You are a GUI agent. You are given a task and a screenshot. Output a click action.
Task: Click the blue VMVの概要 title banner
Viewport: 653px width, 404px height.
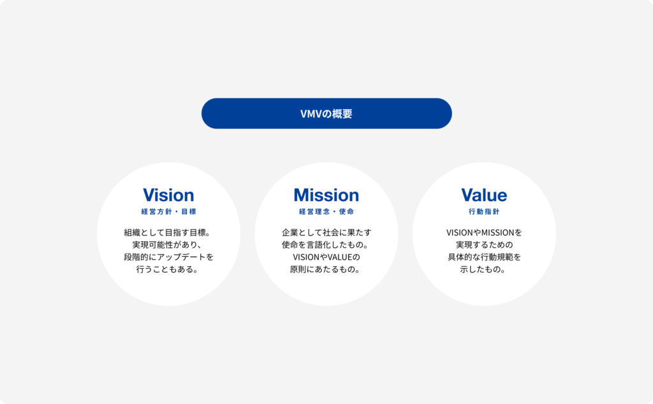326,114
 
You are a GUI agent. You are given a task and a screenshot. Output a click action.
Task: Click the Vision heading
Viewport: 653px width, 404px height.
168,195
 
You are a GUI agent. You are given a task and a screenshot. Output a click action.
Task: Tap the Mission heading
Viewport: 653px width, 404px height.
326,195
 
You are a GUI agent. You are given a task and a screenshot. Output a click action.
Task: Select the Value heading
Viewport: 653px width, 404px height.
484,195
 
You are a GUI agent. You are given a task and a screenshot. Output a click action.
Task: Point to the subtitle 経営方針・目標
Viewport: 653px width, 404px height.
168,211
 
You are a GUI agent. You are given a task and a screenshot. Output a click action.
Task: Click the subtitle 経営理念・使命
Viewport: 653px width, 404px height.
326,211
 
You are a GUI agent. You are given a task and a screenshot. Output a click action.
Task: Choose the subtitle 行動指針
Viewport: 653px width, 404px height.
484,211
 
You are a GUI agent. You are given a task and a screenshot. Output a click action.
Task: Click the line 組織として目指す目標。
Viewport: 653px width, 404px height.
168,232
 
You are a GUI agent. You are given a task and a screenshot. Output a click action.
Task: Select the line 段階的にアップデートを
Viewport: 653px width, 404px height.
168,257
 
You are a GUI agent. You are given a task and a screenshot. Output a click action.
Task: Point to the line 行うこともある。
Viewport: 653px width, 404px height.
168,269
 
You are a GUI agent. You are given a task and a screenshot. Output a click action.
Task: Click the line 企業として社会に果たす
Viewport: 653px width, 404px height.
326,232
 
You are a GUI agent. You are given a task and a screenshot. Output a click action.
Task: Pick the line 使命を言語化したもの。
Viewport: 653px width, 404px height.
325,244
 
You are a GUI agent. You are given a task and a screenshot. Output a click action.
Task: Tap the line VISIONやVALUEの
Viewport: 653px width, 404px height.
326,257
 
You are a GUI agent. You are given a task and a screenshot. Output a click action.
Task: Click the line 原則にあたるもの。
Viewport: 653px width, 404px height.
325,269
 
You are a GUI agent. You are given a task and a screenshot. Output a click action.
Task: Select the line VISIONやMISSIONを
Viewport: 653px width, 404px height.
484,232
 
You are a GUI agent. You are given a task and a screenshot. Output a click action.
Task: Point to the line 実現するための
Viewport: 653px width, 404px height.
484,244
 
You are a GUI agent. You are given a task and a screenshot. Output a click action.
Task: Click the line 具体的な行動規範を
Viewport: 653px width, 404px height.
484,257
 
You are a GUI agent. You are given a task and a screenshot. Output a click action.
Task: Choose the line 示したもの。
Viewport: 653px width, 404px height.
483,269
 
